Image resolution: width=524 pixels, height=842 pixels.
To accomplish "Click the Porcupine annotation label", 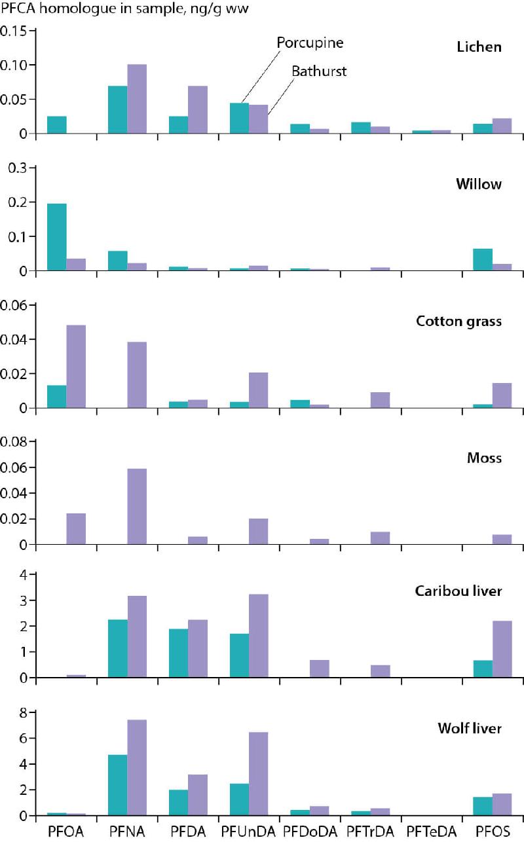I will pos(310,43).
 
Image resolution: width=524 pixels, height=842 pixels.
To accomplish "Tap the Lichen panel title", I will pos(479,47).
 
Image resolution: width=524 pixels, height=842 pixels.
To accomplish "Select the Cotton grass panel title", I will pos(458,321).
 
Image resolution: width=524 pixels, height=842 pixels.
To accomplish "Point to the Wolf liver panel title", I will pos(469,728).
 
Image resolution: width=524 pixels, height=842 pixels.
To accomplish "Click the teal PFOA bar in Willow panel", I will pos(57,237).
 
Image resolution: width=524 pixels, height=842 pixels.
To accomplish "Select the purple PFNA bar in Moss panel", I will pos(137,507).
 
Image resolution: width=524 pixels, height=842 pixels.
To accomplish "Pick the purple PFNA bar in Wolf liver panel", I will pos(137,767).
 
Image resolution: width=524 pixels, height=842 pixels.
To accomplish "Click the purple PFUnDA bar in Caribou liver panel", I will pos(258,636).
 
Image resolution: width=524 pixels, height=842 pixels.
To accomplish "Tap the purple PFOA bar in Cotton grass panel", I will pos(76,367).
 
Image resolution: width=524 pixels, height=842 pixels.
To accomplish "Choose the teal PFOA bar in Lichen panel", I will pos(57,125).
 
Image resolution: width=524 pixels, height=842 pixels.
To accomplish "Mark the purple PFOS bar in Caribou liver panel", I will pos(502,649).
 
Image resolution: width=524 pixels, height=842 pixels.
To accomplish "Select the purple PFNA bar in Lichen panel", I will pos(137,99).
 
